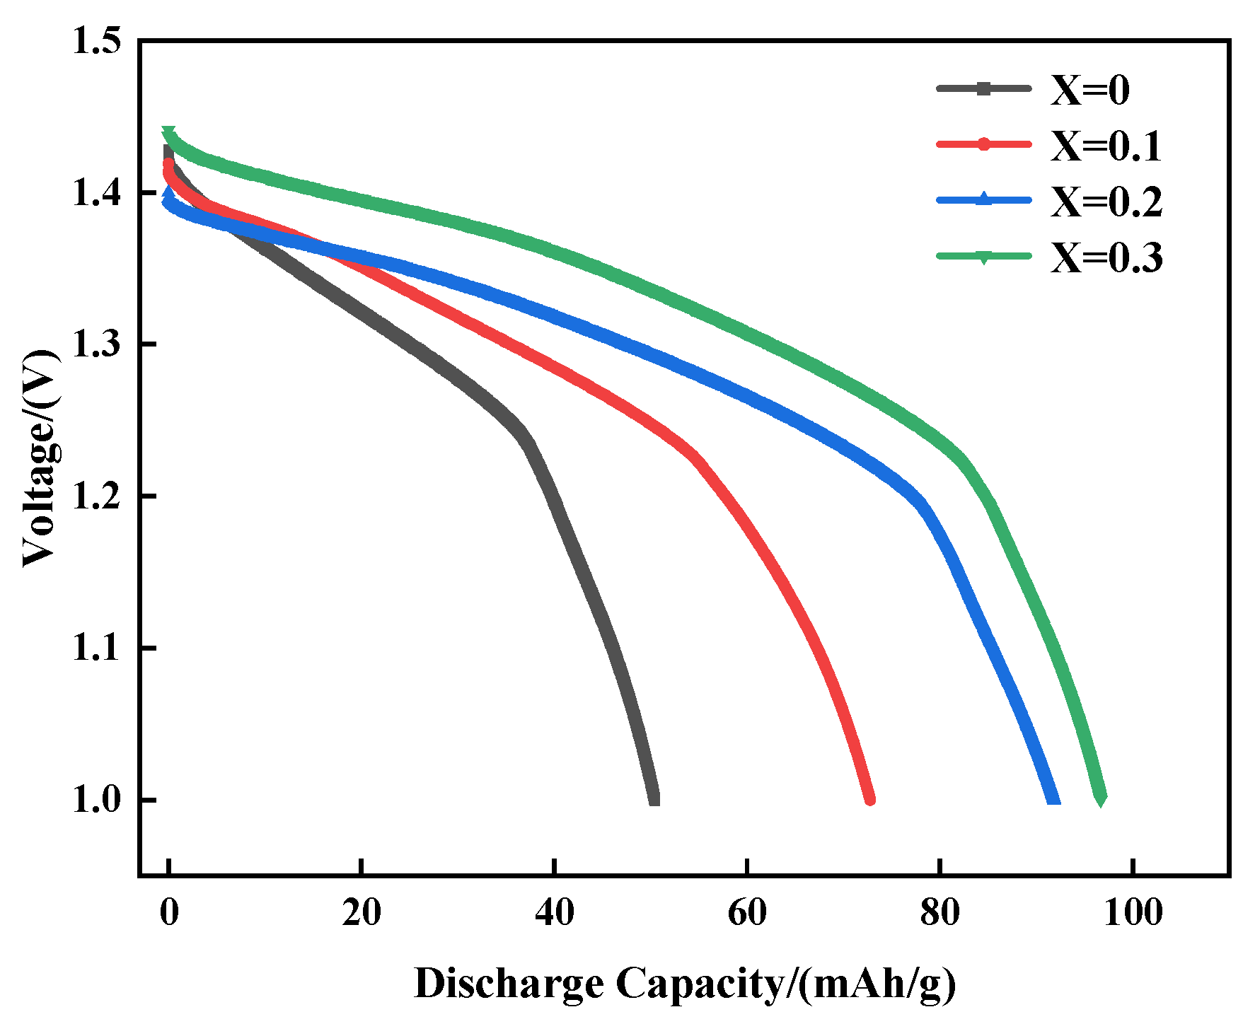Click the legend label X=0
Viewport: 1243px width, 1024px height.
click(x=1089, y=90)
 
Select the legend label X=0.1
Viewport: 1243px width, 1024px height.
click(x=1106, y=146)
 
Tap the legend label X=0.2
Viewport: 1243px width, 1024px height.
click(x=1106, y=202)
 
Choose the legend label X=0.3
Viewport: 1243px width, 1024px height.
click(x=1106, y=257)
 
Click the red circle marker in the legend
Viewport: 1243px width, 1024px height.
click(x=983, y=144)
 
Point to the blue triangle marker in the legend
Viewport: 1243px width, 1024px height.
click(x=983, y=199)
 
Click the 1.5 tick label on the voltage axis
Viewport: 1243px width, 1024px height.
click(x=96, y=41)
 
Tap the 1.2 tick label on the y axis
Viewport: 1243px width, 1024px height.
click(x=96, y=496)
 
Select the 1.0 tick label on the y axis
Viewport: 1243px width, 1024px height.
click(x=96, y=801)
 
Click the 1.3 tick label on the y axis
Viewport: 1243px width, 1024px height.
click(x=96, y=344)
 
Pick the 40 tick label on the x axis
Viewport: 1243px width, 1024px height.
click(x=554, y=912)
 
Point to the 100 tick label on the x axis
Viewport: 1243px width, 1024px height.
click(x=1133, y=912)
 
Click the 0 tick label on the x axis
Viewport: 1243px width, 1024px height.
click(x=168, y=912)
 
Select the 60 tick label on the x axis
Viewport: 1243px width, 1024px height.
click(x=747, y=912)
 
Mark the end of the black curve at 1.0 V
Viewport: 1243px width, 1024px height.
click(x=654, y=799)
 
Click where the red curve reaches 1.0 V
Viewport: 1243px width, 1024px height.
click(x=870, y=799)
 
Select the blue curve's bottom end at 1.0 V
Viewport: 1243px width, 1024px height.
click(x=1054, y=799)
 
